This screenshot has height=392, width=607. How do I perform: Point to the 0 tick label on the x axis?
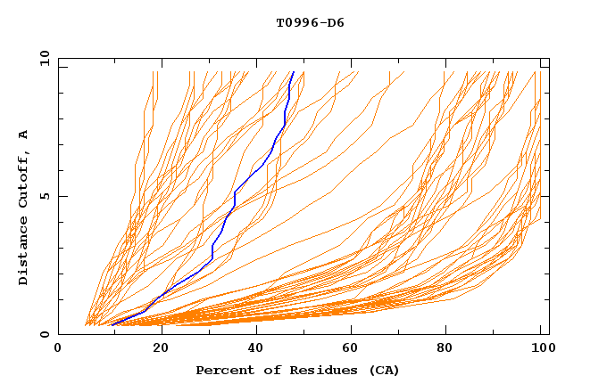click(x=59, y=348)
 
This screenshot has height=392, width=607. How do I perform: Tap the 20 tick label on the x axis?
click(x=161, y=348)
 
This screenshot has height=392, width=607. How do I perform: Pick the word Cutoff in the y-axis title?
click(x=24, y=177)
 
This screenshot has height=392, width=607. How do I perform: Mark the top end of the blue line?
click(x=294, y=72)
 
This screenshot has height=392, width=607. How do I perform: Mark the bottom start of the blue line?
click(x=112, y=325)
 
